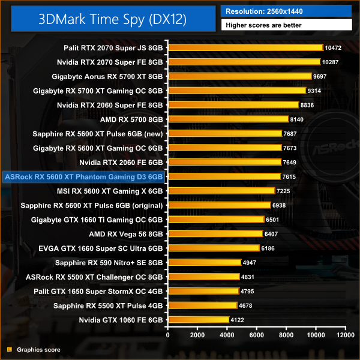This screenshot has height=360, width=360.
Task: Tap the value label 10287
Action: [x=331, y=62]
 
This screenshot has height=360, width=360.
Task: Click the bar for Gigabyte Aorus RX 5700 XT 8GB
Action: [x=240, y=76]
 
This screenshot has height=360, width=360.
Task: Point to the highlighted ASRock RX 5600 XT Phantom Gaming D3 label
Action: [x=83, y=176]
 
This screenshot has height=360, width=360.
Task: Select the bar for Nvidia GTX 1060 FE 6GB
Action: [x=199, y=320]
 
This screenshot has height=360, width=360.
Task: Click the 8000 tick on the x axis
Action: [x=286, y=334]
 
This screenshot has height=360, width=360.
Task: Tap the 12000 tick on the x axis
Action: [x=345, y=334]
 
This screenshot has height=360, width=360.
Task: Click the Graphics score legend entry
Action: [x=38, y=349]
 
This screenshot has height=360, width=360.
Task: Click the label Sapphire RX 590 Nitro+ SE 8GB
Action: [x=109, y=262]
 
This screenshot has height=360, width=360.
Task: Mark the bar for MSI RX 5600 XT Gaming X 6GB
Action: [x=221, y=191]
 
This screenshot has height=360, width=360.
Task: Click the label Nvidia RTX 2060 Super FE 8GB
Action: [x=110, y=105]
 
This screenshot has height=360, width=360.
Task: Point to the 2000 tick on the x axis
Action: [x=198, y=334]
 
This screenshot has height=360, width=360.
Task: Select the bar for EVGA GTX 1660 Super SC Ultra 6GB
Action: [x=214, y=248]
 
